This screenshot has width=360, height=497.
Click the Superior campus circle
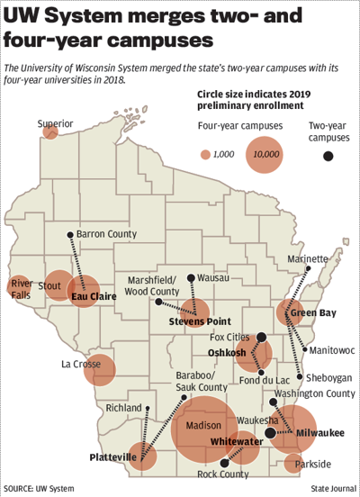(x=50, y=131)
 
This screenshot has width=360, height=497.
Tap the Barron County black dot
(x=71, y=235)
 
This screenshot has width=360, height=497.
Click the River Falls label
(x=21, y=288)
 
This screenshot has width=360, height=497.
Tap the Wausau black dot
(x=190, y=278)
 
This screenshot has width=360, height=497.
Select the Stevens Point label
(x=201, y=321)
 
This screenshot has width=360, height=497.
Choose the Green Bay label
(x=315, y=313)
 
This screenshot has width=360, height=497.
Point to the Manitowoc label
(x=332, y=349)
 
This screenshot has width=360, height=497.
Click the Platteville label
(x=113, y=457)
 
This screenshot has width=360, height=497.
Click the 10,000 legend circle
(x=266, y=154)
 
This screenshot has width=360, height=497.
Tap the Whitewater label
(x=236, y=442)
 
